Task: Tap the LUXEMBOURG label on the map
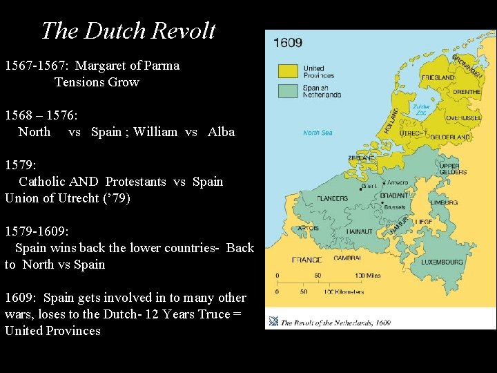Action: pyautogui.click(x=442, y=262)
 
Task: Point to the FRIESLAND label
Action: pyautogui.click(x=438, y=78)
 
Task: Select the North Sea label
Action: pyautogui.click(x=318, y=133)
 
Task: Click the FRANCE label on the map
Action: pyautogui.click(x=306, y=260)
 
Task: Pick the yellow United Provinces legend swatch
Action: pyautogui.click(x=288, y=71)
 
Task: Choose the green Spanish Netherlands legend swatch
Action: pyautogui.click(x=288, y=90)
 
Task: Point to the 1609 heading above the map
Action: pyautogui.click(x=288, y=42)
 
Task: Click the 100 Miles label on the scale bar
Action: pyautogui.click(x=368, y=275)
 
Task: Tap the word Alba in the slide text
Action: pyautogui.click(x=221, y=132)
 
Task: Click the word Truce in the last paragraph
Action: pyautogui.click(x=213, y=314)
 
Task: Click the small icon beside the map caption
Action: pyautogui.click(x=274, y=321)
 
